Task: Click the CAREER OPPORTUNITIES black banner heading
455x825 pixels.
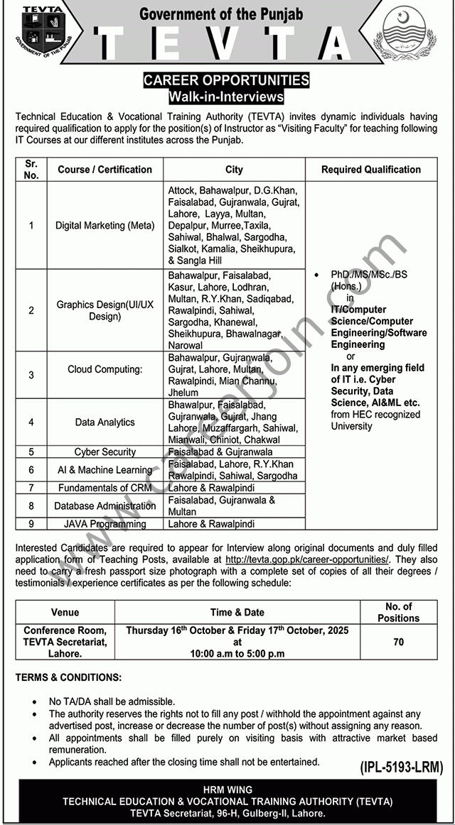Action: (227, 80)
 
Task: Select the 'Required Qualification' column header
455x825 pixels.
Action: (370, 170)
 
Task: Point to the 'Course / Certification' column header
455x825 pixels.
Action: (105, 170)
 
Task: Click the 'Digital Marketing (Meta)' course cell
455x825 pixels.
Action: (105, 226)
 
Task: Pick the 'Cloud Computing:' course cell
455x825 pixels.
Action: (105, 369)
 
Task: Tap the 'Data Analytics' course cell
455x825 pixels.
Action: (105, 422)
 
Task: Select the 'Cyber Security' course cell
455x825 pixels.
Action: (105, 452)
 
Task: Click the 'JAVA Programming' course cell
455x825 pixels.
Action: (105, 524)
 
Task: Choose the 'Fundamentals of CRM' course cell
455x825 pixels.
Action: (105, 488)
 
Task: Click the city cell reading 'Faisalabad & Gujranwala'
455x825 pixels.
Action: (220, 452)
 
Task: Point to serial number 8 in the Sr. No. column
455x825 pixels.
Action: (31, 506)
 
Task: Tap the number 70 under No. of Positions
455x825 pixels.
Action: (398, 642)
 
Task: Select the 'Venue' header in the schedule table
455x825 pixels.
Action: (65, 612)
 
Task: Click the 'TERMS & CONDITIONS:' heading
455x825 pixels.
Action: (68, 678)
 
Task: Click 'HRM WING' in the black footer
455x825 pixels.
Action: (227, 790)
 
